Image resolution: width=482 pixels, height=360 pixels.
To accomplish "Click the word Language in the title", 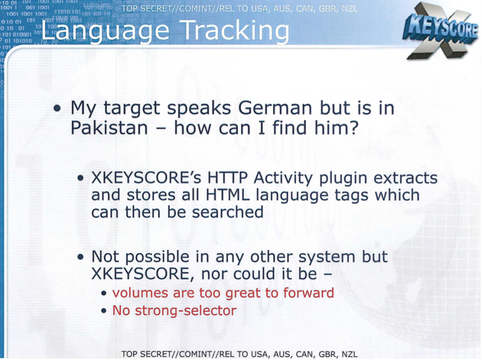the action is pos(105,31).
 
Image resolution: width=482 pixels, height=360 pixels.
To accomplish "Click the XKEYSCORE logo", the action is pos(440,31).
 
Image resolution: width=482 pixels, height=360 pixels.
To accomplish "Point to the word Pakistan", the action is pos(110,128).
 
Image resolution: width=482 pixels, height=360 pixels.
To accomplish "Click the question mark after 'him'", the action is pos(353,128).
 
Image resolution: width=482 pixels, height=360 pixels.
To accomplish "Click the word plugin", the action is pos(343,179).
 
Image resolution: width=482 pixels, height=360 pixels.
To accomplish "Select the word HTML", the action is pos(228,195).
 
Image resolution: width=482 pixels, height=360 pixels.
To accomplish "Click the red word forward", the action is pos(308,293).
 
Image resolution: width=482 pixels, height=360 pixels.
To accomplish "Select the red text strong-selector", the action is pos(186,311).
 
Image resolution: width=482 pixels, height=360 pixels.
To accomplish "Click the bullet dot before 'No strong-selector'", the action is pos(104,311).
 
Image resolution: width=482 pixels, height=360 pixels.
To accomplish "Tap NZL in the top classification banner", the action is pos(349,9).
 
